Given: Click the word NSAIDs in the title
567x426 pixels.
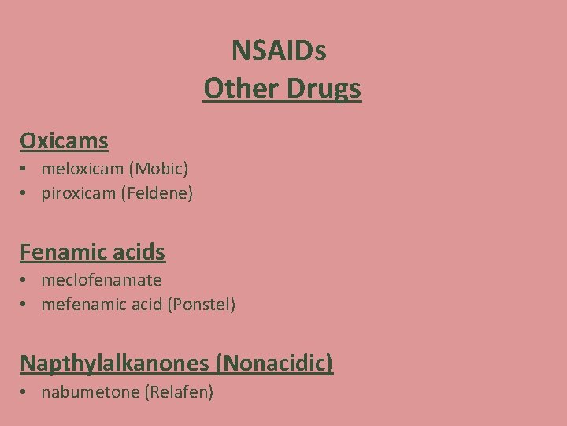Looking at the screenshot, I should click(x=279, y=51).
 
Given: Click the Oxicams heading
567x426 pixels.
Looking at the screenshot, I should click(x=64, y=141).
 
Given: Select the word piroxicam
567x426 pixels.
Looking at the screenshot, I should click(x=78, y=192).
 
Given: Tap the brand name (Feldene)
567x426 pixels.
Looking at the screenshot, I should click(x=157, y=192).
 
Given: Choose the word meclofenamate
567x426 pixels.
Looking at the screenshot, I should click(x=102, y=280).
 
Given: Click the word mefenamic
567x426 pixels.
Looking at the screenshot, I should click(x=81, y=305).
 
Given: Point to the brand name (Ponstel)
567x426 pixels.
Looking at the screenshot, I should click(x=201, y=305).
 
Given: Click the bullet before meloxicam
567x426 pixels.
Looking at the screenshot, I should click(x=26, y=169).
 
